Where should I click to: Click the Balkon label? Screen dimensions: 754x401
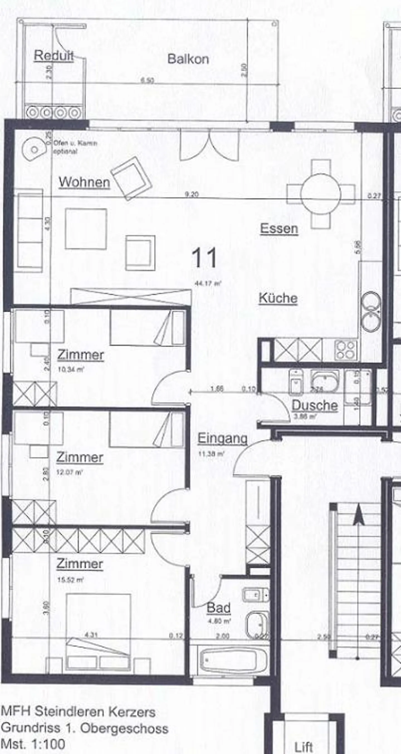click(188, 59)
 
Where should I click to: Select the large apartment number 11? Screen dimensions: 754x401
click(204, 258)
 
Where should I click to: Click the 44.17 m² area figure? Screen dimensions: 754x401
click(208, 283)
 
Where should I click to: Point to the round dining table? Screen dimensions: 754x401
click(321, 194)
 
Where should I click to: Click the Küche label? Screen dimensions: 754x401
click(278, 298)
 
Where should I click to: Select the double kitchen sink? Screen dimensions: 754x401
click(371, 312)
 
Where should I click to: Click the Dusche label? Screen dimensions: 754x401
click(315, 405)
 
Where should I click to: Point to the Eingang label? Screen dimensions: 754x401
click(222, 438)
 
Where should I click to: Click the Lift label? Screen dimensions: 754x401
click(304, 746)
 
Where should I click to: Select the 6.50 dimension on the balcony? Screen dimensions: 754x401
click(147, 80)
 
